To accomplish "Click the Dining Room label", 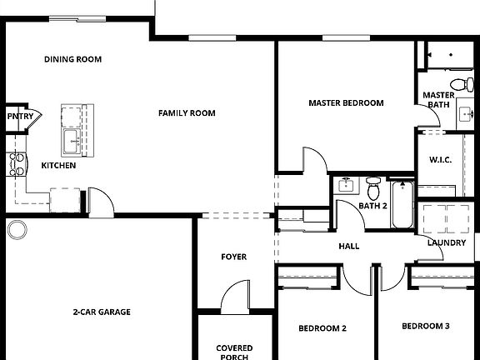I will [72, 59].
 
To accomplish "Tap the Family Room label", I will [187, 113].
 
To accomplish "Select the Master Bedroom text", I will [346, 103].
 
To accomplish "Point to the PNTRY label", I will [20, 117].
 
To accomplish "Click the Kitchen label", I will [58, 166].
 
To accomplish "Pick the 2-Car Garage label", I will [101, 312].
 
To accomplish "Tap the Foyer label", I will [233, 257].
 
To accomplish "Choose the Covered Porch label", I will [234, 352].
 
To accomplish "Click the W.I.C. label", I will [440, 160].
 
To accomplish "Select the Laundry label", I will [447, 242].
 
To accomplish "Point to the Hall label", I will [348, 247].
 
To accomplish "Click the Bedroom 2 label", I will [322, 328].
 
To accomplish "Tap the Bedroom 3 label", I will [425, 326].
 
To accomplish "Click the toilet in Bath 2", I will [372, 184].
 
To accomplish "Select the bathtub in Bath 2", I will [401, 206].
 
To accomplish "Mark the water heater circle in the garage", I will [17, 229].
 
